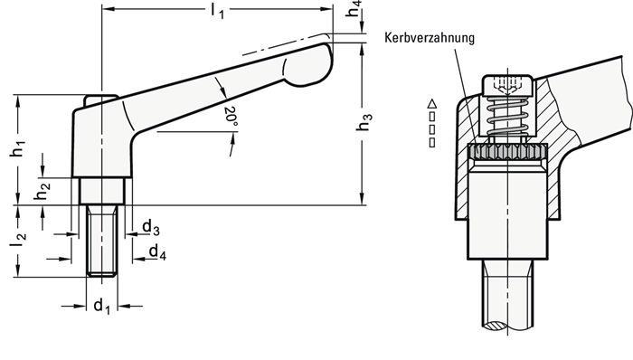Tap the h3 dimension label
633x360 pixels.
(x=365, y=124)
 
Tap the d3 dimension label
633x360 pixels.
(x=152, y=227)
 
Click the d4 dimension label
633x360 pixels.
(x=156, y=251)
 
